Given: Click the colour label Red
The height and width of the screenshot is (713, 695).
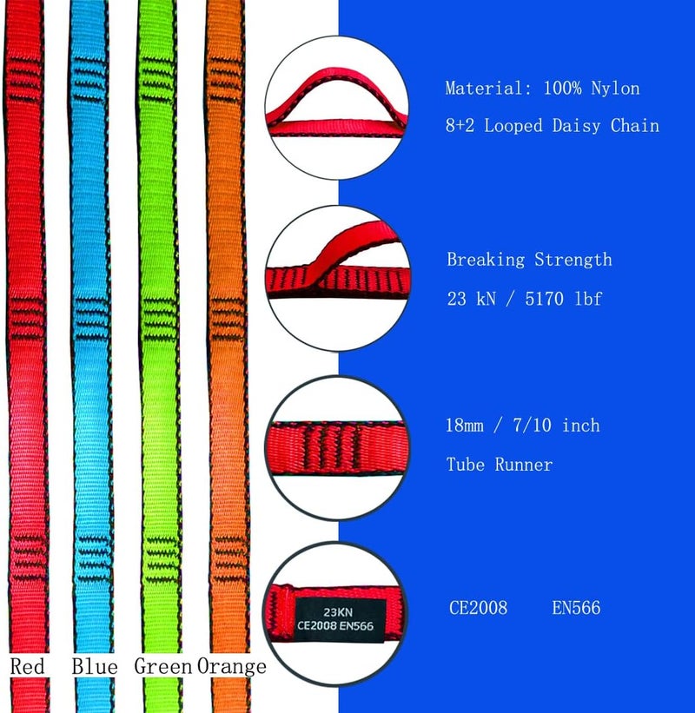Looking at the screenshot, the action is [x=27, y=666].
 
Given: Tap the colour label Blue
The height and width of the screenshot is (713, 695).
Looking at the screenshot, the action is [x=95, y=666].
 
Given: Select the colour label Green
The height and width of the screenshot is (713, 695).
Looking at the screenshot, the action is [x=162, y=666].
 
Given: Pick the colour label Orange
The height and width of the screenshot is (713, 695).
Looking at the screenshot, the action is [x=232, y=667].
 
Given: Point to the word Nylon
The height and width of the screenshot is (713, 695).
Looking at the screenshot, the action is [x=615, y=88].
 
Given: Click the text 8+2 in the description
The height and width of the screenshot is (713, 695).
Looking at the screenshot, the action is [x=460, y=126].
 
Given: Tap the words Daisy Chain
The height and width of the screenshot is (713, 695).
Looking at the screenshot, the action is [x=606, y=126].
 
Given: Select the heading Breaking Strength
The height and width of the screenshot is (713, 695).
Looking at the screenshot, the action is [x=529, y=260].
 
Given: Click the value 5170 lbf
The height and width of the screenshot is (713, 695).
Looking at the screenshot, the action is [x=564, y=299].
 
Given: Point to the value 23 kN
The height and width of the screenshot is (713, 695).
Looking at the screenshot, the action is [x=471, y=299].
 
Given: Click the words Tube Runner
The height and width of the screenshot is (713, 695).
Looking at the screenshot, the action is [x=500, y=465].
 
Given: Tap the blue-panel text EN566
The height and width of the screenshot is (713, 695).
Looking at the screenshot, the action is [x=576, y=608].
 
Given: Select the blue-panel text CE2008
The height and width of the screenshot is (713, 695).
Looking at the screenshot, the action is [x=478, y=608].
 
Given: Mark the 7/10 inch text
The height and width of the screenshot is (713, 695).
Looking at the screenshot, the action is [x=556, y=426].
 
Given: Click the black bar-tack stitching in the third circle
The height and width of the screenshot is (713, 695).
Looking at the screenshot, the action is [x=331, y=448].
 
